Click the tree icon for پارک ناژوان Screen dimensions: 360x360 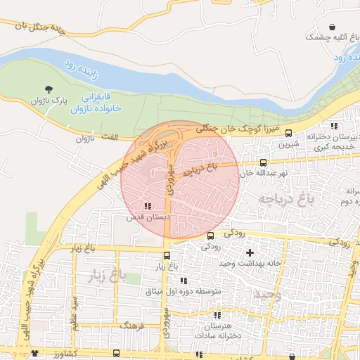click(49, 89)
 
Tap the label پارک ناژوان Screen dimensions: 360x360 click(49, 101)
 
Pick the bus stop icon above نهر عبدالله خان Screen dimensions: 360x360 click(263, 162)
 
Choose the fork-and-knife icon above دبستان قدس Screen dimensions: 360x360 click(147, 206)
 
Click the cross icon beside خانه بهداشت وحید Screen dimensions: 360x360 click(250, 252)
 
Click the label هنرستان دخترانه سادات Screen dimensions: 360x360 click(215, 333)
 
